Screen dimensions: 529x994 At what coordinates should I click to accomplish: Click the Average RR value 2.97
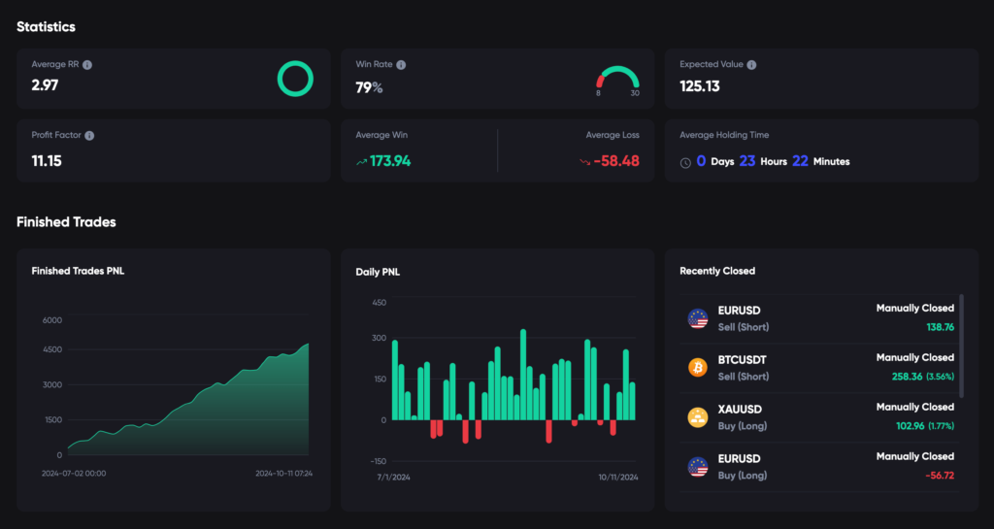[x=45, y=85]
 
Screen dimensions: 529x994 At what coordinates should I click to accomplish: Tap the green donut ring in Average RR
[x=295, y=78]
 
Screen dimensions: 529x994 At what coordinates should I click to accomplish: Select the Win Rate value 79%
[x=369, y=88]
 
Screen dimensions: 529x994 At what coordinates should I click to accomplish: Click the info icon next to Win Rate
[x=401, y=65]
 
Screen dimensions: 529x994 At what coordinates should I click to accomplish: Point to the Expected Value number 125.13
[x=700, y=85]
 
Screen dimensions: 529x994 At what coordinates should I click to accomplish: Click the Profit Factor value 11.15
[x=47, y=161]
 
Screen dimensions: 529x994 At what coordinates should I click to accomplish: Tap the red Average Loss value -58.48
[x=615, y=161]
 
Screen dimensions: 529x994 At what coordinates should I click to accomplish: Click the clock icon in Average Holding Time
[x=685, y=162]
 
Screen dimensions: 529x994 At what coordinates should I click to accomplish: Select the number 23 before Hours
[x=746, y=161]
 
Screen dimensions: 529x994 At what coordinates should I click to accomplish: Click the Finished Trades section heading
[x=66, y=222]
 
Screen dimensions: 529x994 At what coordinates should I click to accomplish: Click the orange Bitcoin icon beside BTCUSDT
[x=697, y=367]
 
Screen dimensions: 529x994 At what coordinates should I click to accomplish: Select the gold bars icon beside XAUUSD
[x=697, y=416]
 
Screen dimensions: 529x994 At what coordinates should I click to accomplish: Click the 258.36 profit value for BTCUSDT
[x=908, y=377]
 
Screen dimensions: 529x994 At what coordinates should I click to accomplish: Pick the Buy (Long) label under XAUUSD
[x=743, y=426]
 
